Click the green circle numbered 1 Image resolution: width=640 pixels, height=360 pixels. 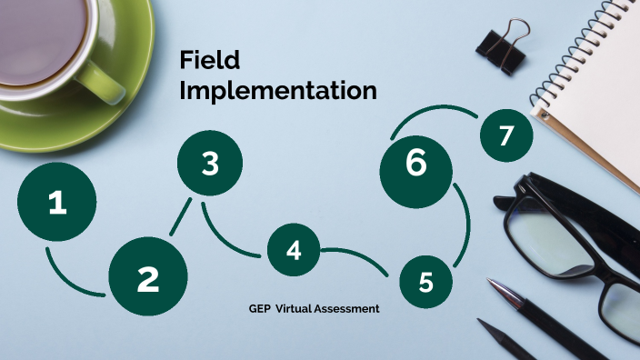point(57,202)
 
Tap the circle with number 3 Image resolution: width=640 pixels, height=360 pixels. point(210,165)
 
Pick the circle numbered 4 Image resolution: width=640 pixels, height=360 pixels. point(294,250)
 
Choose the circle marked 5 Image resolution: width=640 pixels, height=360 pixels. point(426,283)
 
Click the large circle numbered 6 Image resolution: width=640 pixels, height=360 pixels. point(416,165)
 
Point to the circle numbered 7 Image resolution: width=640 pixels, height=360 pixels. point(506,135)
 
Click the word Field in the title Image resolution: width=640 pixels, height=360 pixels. point(210,61)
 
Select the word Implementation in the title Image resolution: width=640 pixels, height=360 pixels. point(278,91)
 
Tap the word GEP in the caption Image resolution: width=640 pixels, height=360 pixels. point(259,309)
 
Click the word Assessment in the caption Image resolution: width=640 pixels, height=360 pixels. point(345,309)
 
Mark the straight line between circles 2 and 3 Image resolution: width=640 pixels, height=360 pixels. point(180,218)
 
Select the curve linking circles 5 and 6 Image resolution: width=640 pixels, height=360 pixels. point(465,223)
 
